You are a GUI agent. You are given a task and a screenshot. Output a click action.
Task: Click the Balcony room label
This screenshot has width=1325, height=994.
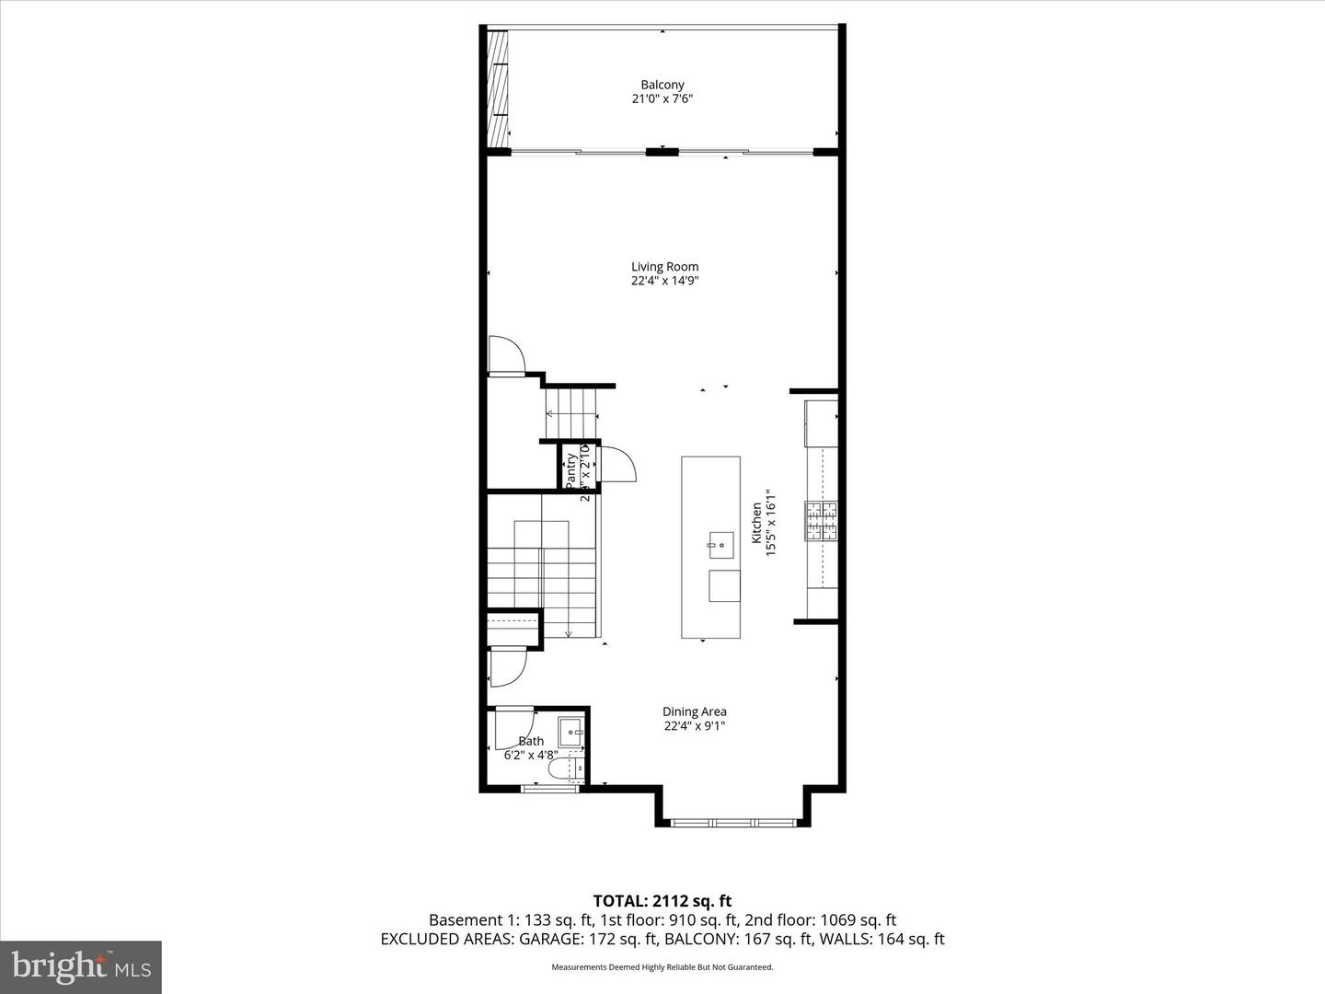pos(662,85)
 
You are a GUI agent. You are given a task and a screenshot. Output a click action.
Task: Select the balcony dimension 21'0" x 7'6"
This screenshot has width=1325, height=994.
pos(662,99)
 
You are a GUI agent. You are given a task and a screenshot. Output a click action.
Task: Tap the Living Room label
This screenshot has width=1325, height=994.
pos(664,267)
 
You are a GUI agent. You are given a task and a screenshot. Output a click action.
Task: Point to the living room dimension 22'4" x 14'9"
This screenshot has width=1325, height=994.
pos(664,282)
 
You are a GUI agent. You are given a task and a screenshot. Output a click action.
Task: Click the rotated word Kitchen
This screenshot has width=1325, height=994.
pos(756,522)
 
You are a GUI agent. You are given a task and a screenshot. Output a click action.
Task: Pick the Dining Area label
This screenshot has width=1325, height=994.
pos(695,711)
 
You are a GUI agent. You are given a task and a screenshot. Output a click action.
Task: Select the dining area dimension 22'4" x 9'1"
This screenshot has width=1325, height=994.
pos(695,726)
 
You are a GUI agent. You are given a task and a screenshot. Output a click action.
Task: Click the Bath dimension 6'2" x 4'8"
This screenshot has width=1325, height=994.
pos(531,755)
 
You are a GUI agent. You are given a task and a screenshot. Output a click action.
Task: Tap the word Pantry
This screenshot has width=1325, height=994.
pos(571,469)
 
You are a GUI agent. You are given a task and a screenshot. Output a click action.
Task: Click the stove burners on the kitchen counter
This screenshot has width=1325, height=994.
pos(822,521)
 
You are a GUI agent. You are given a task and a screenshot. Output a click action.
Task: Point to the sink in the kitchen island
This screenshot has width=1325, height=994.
pos(721,545)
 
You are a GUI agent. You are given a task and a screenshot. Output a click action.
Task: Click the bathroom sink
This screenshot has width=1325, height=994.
pos(571,733)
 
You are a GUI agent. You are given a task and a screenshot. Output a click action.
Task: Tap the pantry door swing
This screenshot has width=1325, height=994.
pos(616,464)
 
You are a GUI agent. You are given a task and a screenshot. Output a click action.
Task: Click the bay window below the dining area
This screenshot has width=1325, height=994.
pos(733,822)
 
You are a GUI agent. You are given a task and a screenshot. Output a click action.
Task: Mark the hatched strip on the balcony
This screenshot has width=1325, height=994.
pos(498,88)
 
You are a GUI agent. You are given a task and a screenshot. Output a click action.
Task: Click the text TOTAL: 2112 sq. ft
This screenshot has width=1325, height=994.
pos(662,901)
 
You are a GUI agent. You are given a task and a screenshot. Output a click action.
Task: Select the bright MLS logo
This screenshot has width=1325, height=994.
pos(81,966)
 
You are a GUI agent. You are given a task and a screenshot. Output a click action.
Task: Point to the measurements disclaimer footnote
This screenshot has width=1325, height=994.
pos(662,967)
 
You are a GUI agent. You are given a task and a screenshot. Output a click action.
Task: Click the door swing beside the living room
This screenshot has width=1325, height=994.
pos(505,355)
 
